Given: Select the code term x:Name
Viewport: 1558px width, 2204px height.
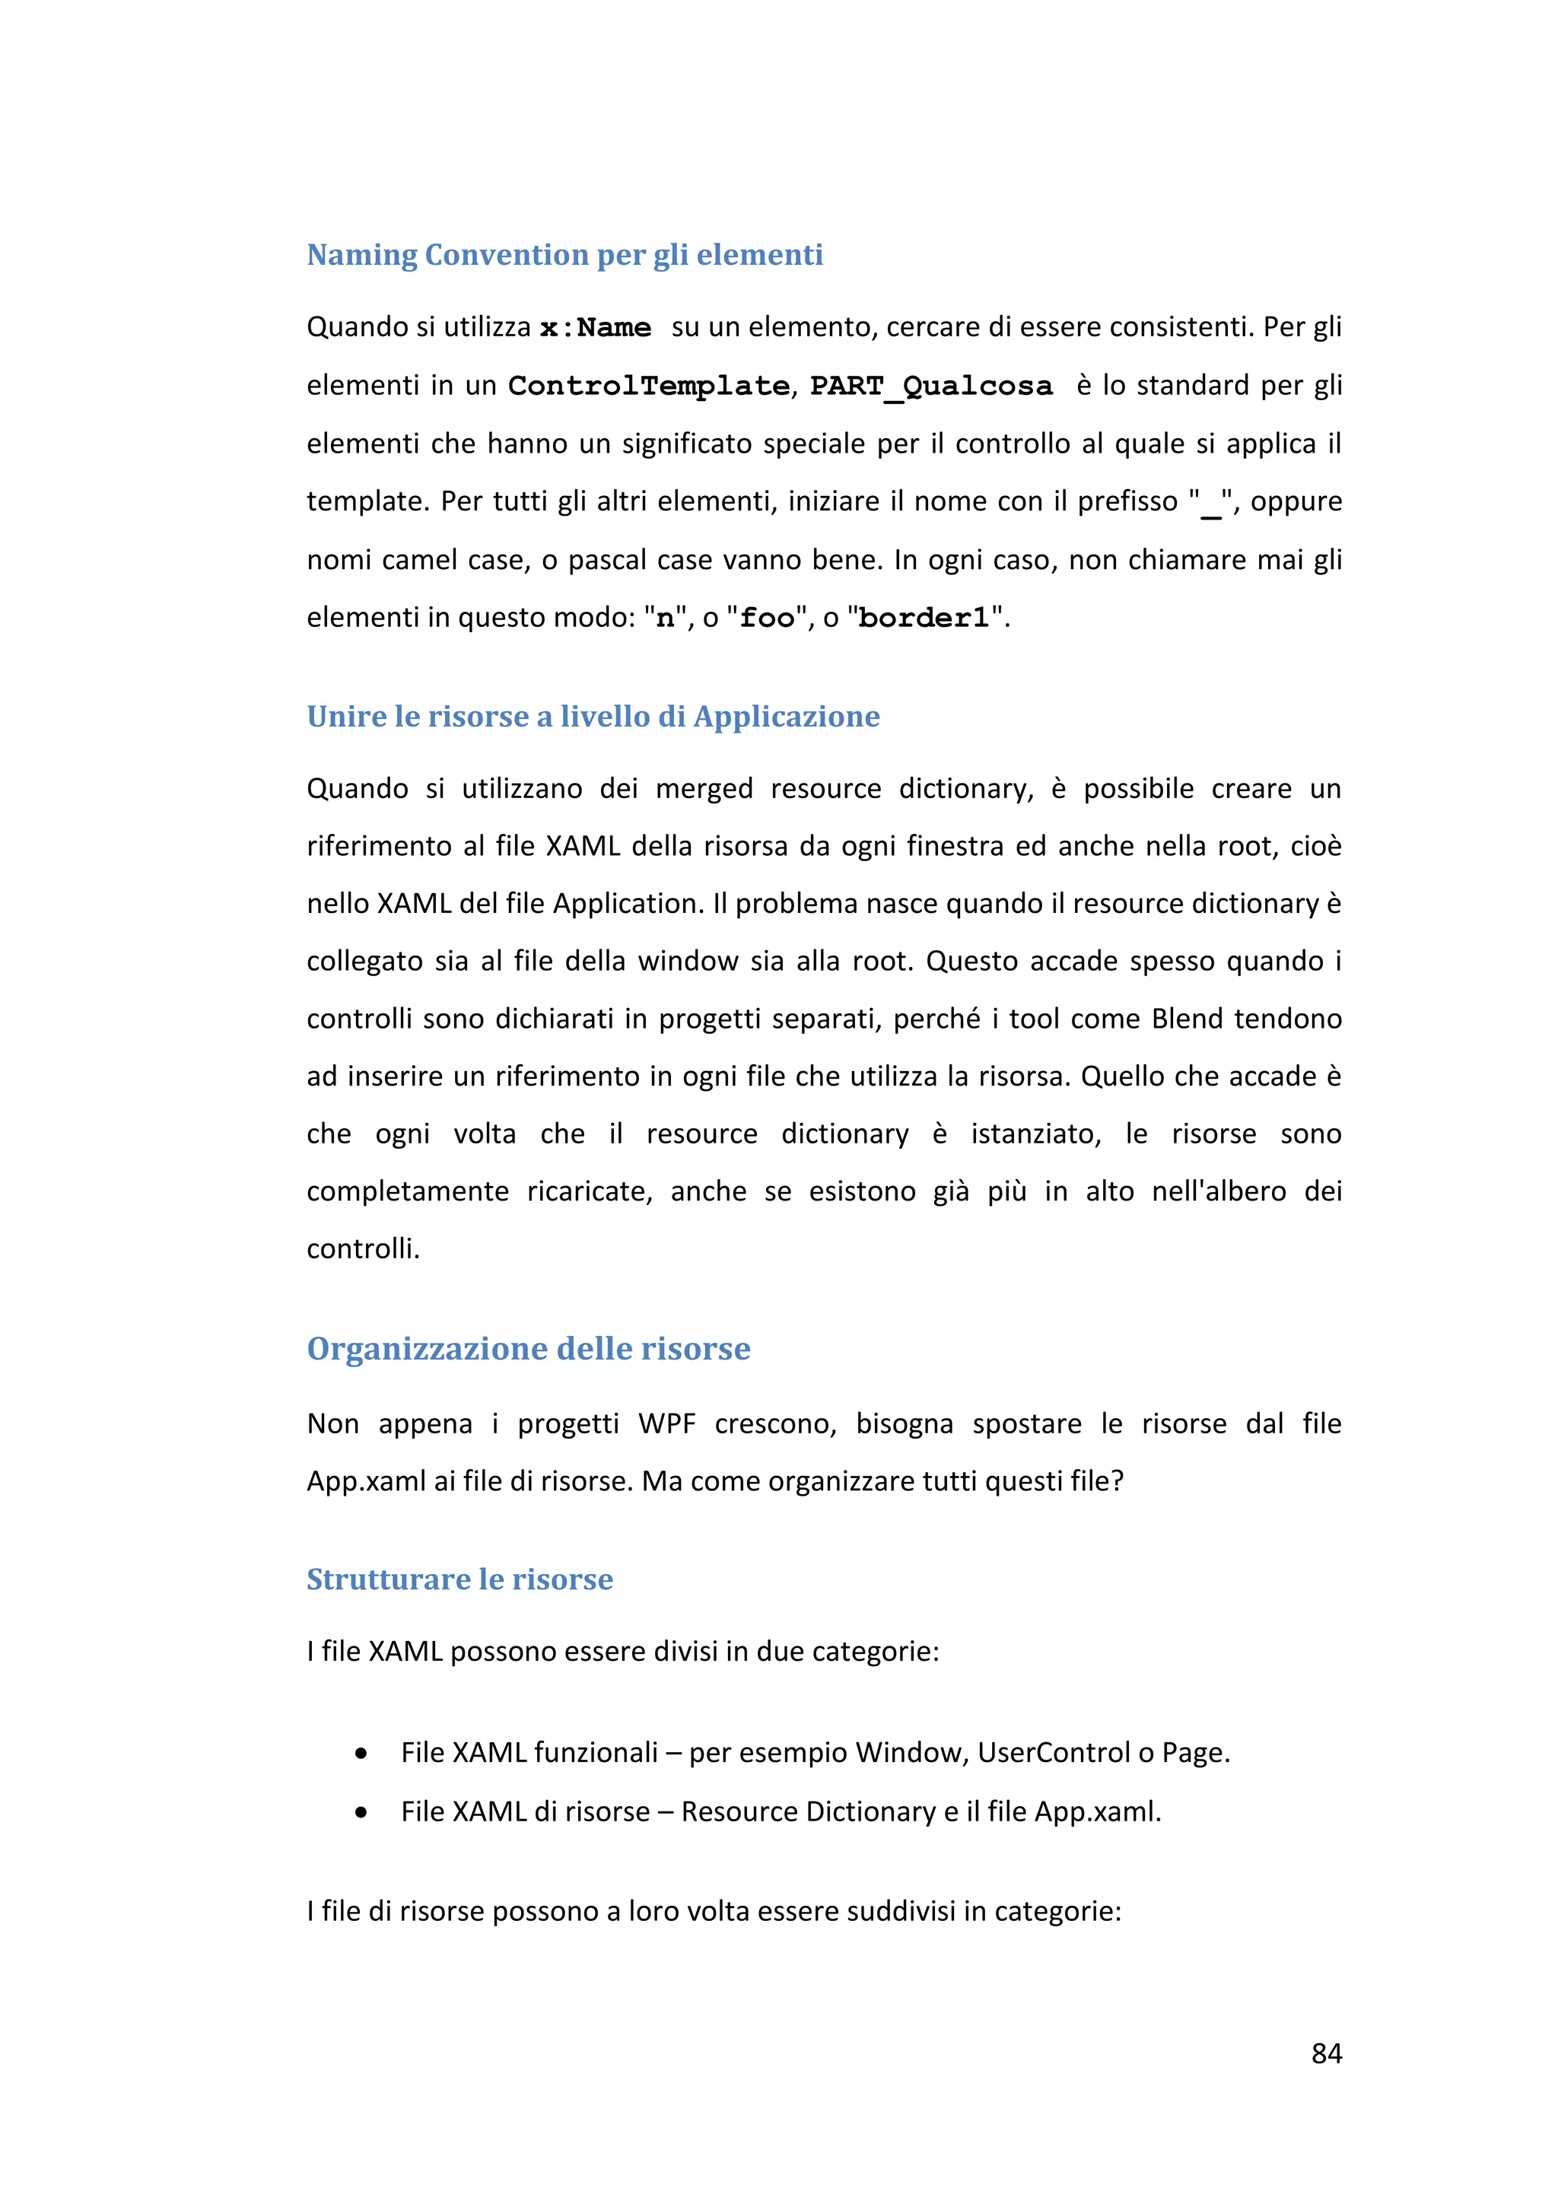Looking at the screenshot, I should pyautogui.click(x=595, y=329).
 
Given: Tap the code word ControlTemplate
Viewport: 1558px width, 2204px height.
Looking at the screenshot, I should pyautogui.click(x=649, y=386).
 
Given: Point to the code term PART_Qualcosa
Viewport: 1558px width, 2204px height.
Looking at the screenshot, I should pyautogui.click(x=930, y=386).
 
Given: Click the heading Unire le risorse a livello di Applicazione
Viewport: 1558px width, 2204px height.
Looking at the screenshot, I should pyautogui.click(x=593, y=716).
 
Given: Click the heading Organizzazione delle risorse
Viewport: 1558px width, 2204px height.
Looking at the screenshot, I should pyautogui.click(x=528, y=1349).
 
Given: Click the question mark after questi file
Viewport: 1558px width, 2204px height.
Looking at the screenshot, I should pyautogui.click(x=1117, y=1481).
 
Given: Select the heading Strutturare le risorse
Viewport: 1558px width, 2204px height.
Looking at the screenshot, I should pyautogui.click(x=459, y=1579).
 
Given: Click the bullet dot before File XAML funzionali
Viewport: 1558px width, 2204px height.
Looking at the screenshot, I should pyautogui.click(x=361, y=1754).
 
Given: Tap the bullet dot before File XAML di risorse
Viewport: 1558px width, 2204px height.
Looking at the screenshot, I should pyautogui.click(x=361, y=1812).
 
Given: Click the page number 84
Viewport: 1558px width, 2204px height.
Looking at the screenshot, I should pyautogui.click(x=1326, y=2053).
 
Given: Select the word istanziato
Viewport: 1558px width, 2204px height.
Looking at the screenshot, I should pyautogui.click(x=1034, y=1134).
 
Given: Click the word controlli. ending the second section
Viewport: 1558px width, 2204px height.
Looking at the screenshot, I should pyautogui.click(x=363, y=1249).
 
